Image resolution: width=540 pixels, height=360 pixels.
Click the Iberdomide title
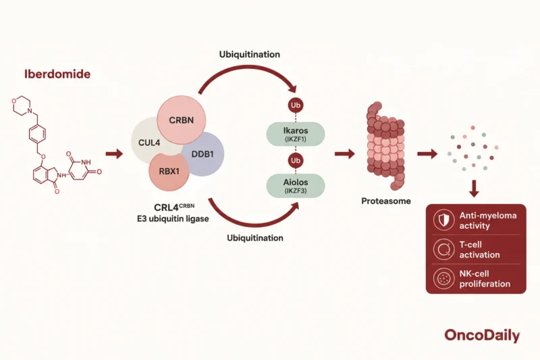pyautogui.click(x=57, y=74)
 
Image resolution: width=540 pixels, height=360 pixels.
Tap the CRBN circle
pyautogui.click(x=182, y=120)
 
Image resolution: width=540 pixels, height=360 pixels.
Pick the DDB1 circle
pyautogui.click(x=205, y=154)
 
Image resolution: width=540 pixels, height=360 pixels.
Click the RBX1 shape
pyautogui.click(x=169, y=171)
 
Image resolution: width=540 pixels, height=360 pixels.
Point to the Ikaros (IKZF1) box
pyautogui.click(x=296, y=134)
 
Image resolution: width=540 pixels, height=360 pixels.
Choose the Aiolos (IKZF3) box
pyautogui.click(x=296, y=186)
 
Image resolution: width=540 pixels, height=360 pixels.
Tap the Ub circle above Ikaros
pyautogui.click(x=296, y=105)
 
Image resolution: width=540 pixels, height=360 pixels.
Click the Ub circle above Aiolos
pyautogui.click(x=296, y=161)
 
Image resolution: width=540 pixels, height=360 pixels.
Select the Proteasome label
pyautogui.click(x=386, y=201)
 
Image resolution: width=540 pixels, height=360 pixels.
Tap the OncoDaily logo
pyautogui.click(x=482, y=335)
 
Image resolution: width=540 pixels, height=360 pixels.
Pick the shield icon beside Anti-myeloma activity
pyautogui.click(x=443, y=220)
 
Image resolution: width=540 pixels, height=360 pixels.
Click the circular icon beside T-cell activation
pyautogui.click(x=443, y=249)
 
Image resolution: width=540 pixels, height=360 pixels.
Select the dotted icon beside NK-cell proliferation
pyautogui.click(x=443, y=278)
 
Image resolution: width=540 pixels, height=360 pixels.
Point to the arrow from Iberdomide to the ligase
pyautogui.click(x=114, y=154)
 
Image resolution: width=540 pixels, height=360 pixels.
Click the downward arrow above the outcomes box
pyautogui.click(x=475, y=188)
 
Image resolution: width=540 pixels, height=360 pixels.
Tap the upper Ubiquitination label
pyautogui.click(x=250, y=55)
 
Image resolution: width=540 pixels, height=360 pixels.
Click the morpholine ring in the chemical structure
pyautogui.click(x=22, y=105)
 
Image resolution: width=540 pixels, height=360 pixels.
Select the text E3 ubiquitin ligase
pyautogui.click(x=173, y=219)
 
